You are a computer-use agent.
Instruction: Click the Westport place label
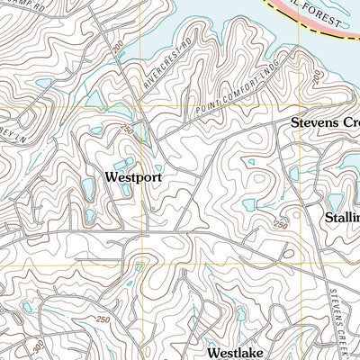pos(133,177)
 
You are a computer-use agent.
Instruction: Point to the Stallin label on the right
pos(341,218)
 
